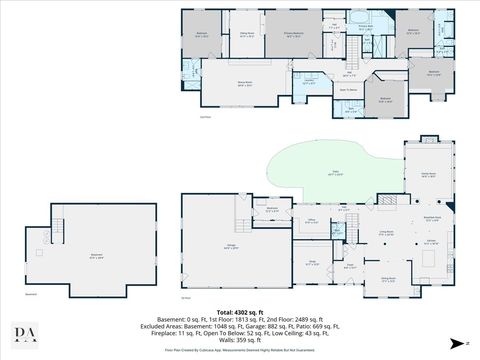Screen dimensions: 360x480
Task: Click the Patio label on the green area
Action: (x=319, y=174)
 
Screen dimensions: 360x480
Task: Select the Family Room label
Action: (x=430, y=175)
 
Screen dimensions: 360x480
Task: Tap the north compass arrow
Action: (x=455, y=342)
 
